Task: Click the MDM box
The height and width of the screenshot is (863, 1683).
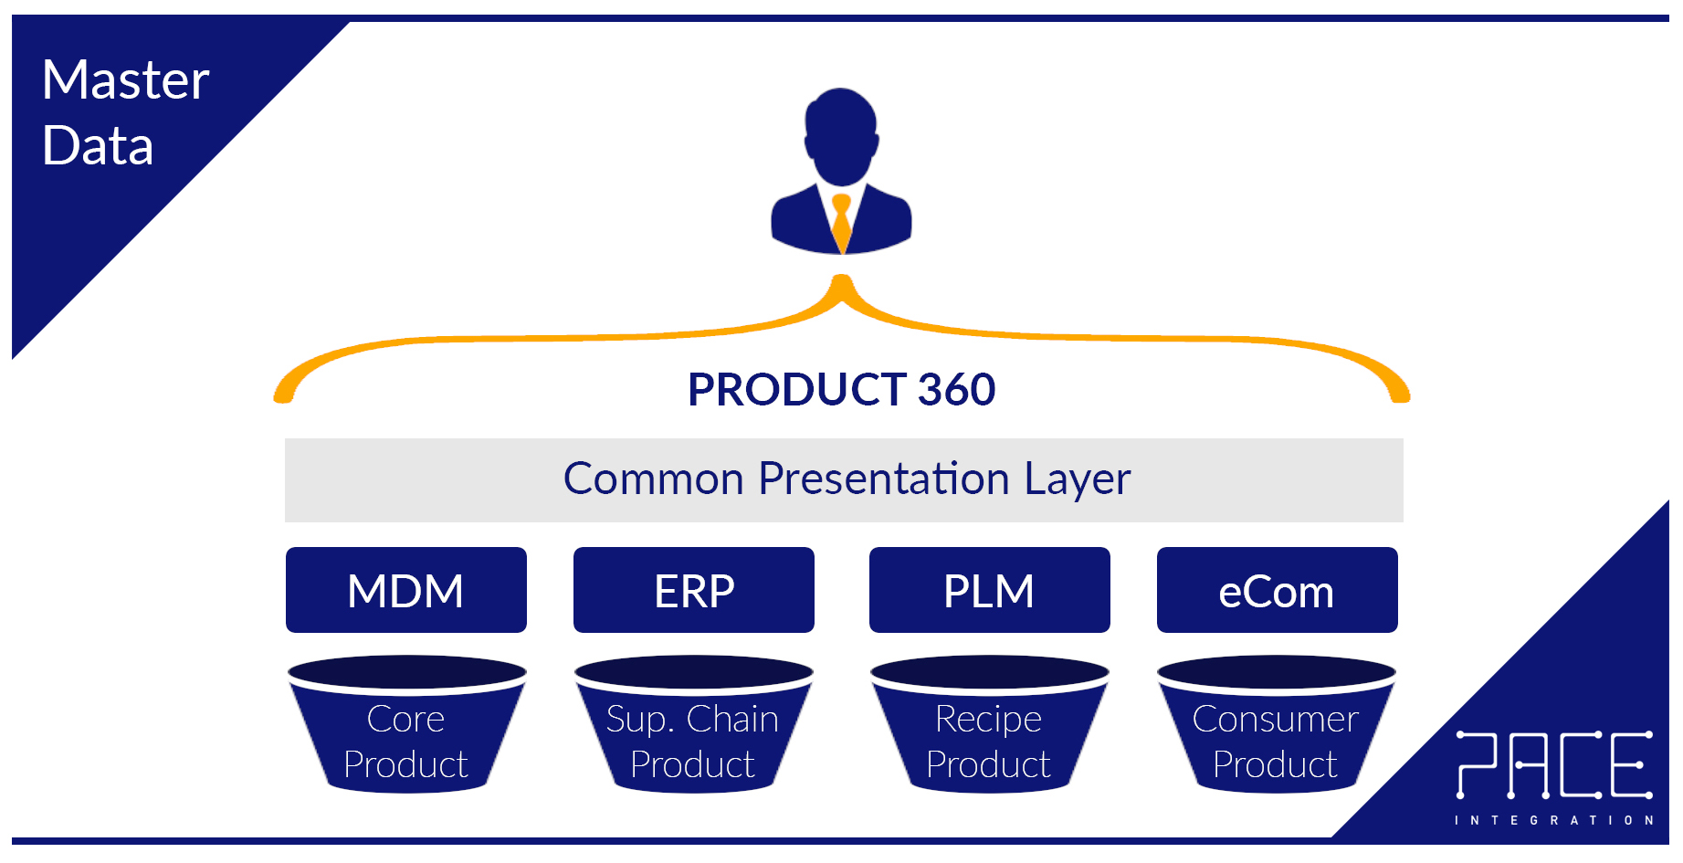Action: pos(405,590)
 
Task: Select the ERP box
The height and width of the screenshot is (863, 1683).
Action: pos(693,590)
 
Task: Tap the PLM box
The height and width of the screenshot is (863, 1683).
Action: pos(989,590)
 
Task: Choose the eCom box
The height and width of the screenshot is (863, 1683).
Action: pos(1277,590)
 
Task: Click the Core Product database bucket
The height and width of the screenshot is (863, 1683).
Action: pos(406,731)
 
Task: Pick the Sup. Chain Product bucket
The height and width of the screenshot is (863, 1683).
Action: pos(693,731)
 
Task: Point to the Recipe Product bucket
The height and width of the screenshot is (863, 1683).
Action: pos(989,731)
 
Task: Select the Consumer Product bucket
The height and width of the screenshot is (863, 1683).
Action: pos(1276,731)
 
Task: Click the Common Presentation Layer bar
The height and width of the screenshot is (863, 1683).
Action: pos(844,480)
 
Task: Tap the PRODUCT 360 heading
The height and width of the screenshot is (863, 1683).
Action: pos(841,390)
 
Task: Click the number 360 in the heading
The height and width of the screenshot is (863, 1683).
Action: pos(956,390)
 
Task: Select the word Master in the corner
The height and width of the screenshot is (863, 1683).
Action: pos(125,80)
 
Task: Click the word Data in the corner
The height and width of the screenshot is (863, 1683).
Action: pos(98,146)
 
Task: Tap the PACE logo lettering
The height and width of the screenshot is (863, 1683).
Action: pos(1553,765)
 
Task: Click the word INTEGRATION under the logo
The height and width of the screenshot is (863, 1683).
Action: pos(1553,820)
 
